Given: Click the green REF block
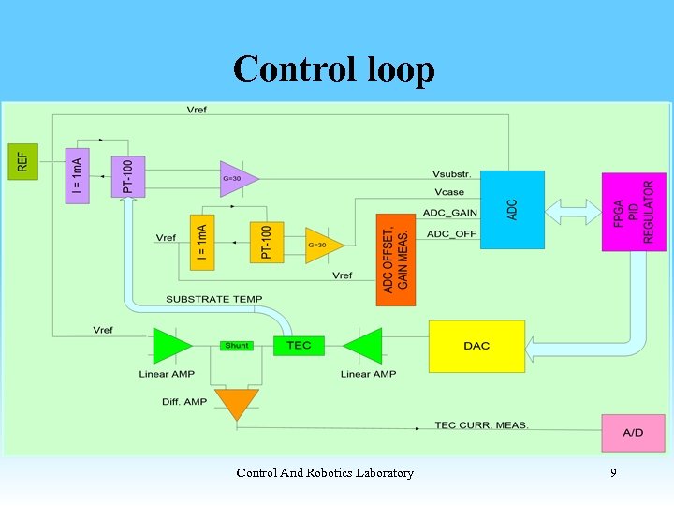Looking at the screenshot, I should (22, 163).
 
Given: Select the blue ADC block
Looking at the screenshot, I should (512, 209).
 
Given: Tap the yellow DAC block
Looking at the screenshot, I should (476, 346).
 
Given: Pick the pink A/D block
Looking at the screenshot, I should (633, 433).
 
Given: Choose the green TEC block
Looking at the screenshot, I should (299, 345).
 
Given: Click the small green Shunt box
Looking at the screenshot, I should (237, 346).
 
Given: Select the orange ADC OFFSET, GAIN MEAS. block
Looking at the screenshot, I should (396, 259).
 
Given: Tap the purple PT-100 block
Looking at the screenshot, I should (128, 176).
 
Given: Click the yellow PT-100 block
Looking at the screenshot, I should (267, 242).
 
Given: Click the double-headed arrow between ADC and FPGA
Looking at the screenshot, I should (574, 212).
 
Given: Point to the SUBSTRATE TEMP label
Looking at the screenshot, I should (214, 299).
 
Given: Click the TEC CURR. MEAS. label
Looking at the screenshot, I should (482, 425).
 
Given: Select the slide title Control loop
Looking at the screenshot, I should (334, 69).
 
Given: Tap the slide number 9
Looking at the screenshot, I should (613, 473).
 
